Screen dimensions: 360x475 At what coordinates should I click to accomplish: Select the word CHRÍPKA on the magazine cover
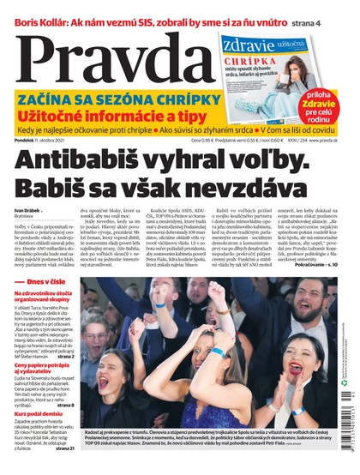coord(242,62)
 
